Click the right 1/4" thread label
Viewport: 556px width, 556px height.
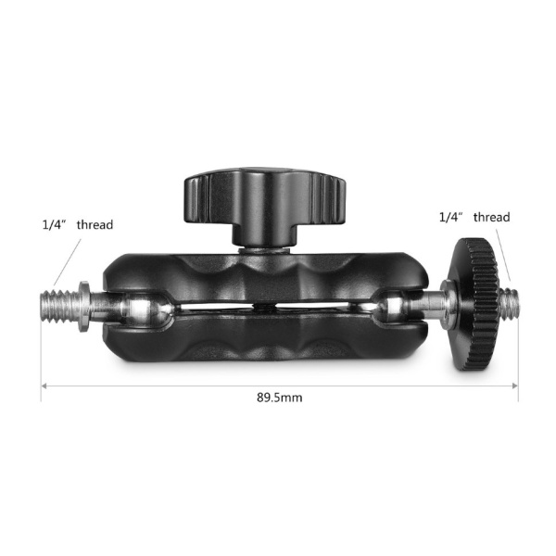point(474,218)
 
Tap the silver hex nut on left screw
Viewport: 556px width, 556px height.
point(84,303)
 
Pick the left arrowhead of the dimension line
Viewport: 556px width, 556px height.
point(44,385)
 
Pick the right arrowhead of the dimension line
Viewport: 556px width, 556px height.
point(514,385)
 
